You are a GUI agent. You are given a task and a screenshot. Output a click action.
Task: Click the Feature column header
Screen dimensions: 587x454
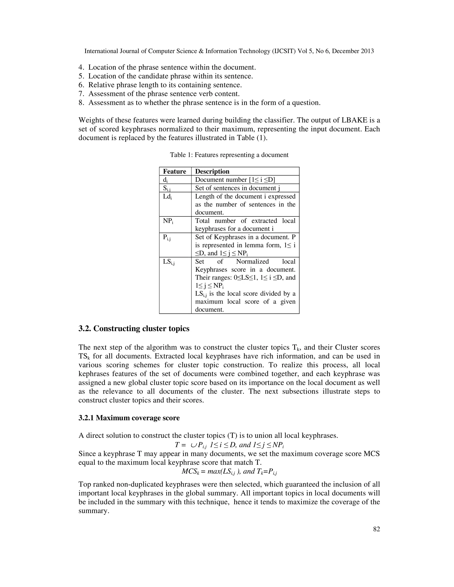tap(174, 171)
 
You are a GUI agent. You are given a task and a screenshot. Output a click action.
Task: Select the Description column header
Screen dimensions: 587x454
tap(212, 171)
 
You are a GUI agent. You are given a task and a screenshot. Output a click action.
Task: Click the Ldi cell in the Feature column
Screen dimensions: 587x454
tap(167, 197)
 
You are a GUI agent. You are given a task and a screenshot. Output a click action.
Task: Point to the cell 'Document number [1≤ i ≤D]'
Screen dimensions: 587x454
tap(235, 180)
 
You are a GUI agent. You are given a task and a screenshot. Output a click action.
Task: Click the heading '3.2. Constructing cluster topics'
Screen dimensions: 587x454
tap(134, 328)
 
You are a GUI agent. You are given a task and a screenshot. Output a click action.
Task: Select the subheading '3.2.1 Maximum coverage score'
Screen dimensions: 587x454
tap(129, 418)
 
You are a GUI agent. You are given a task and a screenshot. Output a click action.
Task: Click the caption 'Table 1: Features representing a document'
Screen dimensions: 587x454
tap(229, 155)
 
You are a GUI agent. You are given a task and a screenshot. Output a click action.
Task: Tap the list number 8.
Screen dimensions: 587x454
tap(82, 103)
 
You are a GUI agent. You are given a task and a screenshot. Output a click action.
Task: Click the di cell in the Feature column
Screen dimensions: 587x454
tap(165, 180)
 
